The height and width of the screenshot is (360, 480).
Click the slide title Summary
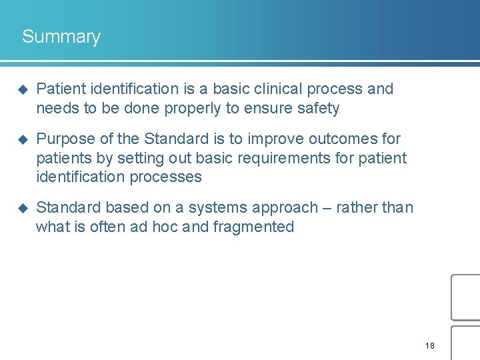61,37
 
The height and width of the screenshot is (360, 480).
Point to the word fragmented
253,227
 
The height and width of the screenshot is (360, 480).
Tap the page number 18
429,346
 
